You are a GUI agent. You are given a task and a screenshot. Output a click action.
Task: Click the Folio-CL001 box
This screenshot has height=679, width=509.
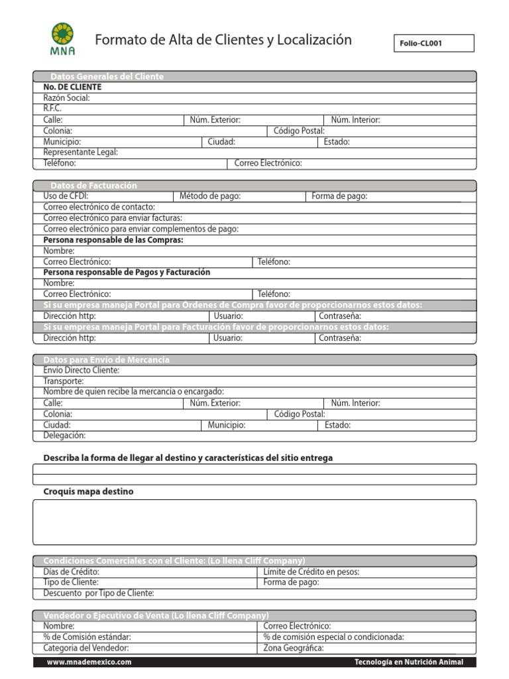[434, 44]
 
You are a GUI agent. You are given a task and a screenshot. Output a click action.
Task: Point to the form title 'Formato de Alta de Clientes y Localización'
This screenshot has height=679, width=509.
[223, 40]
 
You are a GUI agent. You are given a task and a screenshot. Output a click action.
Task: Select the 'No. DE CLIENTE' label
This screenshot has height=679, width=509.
[72, 88]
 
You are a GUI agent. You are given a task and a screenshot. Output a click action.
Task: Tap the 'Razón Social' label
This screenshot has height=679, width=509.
[66, 98]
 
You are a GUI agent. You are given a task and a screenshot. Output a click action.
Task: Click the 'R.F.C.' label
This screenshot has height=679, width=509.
[52, 109]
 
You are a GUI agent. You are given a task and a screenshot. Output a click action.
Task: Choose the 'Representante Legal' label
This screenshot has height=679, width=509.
[80, 152]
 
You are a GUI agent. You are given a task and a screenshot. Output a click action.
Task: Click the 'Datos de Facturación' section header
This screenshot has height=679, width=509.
[93, 186]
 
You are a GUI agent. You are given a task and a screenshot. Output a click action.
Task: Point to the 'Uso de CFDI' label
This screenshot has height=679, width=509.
[66, 196]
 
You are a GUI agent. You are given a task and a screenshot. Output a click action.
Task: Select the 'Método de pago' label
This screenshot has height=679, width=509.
[210, 196]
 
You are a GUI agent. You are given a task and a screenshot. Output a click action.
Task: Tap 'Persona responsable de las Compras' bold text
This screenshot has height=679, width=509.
[113, 240]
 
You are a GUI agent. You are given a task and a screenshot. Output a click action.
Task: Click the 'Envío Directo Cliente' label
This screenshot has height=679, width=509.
[81, 370]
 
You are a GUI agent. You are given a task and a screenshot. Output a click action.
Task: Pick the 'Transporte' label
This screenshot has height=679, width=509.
[64, 381]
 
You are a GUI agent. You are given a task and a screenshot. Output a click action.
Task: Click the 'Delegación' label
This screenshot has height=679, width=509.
[64, 436]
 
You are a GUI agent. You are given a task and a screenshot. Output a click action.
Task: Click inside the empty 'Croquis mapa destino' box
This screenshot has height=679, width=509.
[254, 522]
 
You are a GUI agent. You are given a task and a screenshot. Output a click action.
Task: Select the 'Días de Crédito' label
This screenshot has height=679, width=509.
[71, 572]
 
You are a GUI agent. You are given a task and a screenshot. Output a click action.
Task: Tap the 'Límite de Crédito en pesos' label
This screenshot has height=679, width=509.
[311, 572]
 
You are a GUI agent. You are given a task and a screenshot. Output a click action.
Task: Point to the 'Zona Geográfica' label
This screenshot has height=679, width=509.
[294, 648]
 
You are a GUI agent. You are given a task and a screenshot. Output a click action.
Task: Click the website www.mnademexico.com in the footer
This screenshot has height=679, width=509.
[89, 662]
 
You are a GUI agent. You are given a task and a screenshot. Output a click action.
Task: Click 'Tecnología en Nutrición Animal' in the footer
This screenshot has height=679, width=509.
[409, 662]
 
